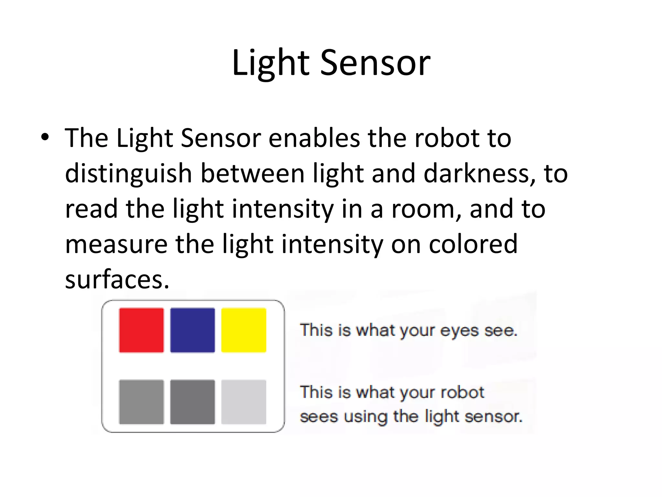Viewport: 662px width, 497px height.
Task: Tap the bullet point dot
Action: click(45, 137)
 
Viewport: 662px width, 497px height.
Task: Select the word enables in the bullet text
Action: click(314, 138)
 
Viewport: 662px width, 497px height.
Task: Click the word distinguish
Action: click(129, 174)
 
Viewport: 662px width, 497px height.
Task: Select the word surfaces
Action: click(117, 280)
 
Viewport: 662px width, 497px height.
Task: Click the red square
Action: click(141, 330)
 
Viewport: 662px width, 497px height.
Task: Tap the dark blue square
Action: click(192, 330)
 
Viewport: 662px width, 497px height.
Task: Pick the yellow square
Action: click(244, 330)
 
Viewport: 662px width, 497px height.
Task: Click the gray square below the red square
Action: click(141, 402)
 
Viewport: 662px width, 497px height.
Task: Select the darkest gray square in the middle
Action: click(192, 402)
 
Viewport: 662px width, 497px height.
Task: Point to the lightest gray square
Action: click(244, 402)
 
